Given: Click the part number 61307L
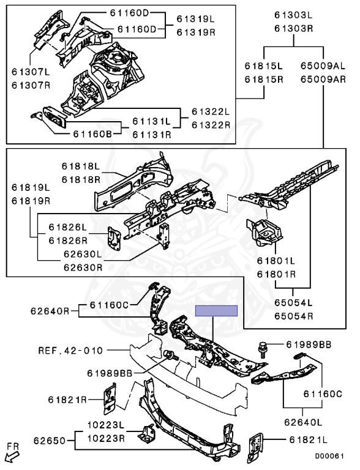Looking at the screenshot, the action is click(x=31, y=72).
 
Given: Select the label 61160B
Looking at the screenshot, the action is click(x=92, y=133).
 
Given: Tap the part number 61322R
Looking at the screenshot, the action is click(x=211, y=125).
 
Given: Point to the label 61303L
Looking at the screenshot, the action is click(x=294, y=15).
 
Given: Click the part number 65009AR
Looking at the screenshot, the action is click(x=323, y=80).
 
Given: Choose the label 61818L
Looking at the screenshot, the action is click(x=81, y=166).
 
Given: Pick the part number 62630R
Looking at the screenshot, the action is click(x=83, y=267).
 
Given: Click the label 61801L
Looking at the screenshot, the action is click(x=276, y=261).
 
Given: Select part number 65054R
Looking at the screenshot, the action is click(x=294, y=316).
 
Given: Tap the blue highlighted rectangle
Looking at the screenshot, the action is click(x=216, y=311).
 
